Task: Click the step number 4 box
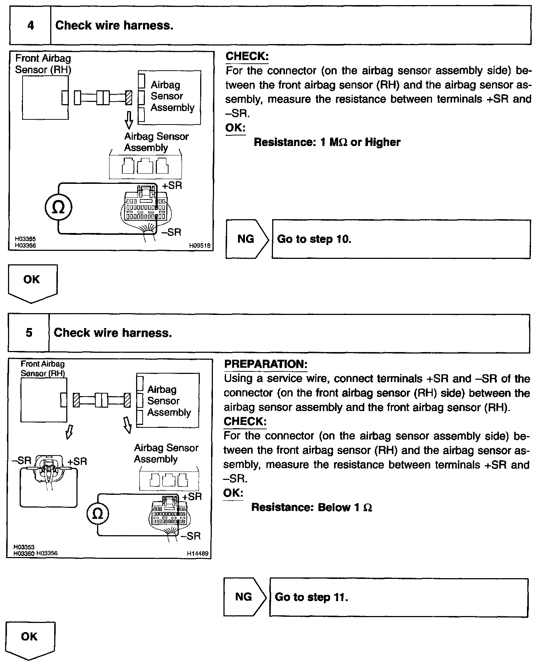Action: coord(30,25)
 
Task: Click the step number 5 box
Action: coord(29,333)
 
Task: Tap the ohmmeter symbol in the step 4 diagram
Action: coord(58,208)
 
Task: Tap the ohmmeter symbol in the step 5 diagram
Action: coord(98,514)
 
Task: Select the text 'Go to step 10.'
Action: coord(314,239)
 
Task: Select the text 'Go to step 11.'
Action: coord(312,597)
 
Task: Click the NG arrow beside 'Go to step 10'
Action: coord(246,239)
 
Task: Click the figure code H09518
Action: coord(199,246)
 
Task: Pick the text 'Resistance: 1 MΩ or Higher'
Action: coord(327,142)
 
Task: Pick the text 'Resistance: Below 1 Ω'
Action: coord(312,507)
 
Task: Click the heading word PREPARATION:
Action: coord(266,364)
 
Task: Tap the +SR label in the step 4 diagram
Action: coord(172,185)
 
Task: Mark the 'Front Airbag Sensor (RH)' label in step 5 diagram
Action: coord(43,368)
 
